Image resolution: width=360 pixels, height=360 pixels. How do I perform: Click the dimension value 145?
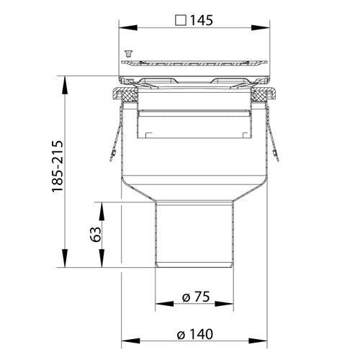(x=202, y=20)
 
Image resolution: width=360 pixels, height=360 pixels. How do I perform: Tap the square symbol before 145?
(x=181, y=20)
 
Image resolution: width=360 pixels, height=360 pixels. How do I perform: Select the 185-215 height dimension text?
(x=58, y=166)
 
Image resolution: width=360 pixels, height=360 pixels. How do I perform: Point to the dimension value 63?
(x=96, y=234)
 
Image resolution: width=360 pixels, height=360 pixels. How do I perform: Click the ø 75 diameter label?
(x=196, y=297)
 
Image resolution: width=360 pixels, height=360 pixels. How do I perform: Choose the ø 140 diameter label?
(x=195, y=334)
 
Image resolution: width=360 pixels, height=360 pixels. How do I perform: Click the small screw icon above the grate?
(x=129, y=53)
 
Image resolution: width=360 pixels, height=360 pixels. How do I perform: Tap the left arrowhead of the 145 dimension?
(x=128, y=27)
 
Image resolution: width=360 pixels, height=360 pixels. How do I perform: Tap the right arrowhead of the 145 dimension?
(x=261, y=27)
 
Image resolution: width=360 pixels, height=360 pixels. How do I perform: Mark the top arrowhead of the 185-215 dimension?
(x=64, y=85)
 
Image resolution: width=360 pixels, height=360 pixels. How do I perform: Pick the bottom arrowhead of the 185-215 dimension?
(x=64, y=258)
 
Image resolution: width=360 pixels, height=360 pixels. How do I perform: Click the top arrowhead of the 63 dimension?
(x=102, y=212)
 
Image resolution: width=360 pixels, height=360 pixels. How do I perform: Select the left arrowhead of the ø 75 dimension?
(x=164, y=304)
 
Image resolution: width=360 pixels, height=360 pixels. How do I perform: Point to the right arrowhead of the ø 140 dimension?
(x=258, y=341)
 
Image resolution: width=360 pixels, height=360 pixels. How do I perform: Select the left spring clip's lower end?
(x=112, y=158)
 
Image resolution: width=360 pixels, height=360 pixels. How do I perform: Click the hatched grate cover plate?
(x=194, y=63)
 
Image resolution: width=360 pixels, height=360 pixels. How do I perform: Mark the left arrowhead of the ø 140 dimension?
(x=130, y=341)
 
